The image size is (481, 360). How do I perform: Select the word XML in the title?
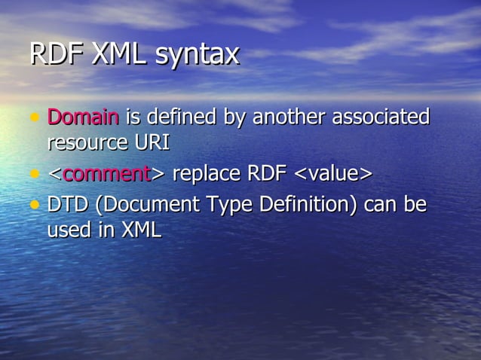pyautogui.click(x=119, y=54)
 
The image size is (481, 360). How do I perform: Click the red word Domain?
pyautogui.click(x=83, y=117)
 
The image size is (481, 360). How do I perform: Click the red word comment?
pyautogui.click(x=107, y=174)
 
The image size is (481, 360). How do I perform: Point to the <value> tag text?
pyautogui.click(x=332, y=174)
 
